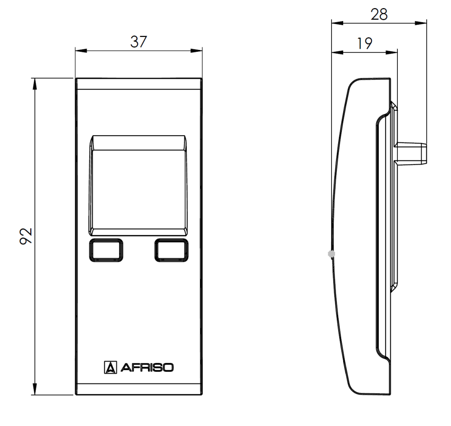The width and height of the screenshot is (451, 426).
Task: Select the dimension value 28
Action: click(379, 14)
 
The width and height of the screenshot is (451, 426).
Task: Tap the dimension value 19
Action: click(364, 44)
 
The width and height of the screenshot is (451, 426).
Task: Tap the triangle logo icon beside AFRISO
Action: click(110, 368)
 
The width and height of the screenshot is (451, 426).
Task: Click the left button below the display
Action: click(106, 250)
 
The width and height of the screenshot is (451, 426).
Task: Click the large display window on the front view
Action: click(138, 189)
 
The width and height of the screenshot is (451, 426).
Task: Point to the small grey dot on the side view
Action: click(331, 254)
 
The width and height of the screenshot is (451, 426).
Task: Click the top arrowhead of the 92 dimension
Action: click(34, 82)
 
